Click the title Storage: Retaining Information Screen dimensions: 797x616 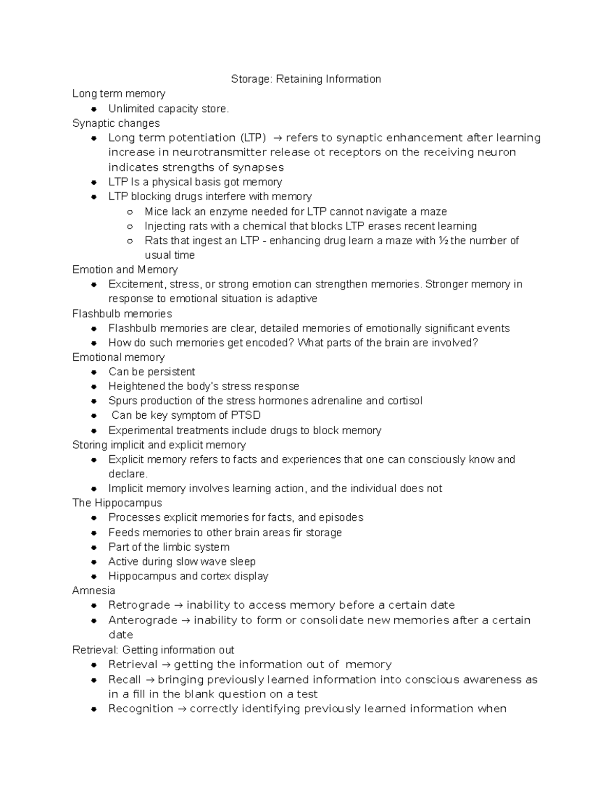pos(305,79)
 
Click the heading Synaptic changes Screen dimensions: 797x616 pos(116,123)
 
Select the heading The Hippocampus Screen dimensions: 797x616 pos(117,503)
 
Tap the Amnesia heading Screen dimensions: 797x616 pos(93,591)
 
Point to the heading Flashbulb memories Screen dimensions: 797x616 pos(122,314)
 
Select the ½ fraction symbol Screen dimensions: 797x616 pos(444,241)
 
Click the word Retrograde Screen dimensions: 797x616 pos(139,605)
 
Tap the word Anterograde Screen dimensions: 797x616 pos(143,620)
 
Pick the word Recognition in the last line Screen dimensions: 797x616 pos(141,709)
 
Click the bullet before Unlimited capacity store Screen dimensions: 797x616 pos(94,109)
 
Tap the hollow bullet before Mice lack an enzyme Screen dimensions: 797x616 pos(130,212)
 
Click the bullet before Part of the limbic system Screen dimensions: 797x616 pos(94,548)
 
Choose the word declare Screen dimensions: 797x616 pos(128,474)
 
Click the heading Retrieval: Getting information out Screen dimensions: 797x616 pos(153,650)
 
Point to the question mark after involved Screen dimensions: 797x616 pos(475,343)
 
